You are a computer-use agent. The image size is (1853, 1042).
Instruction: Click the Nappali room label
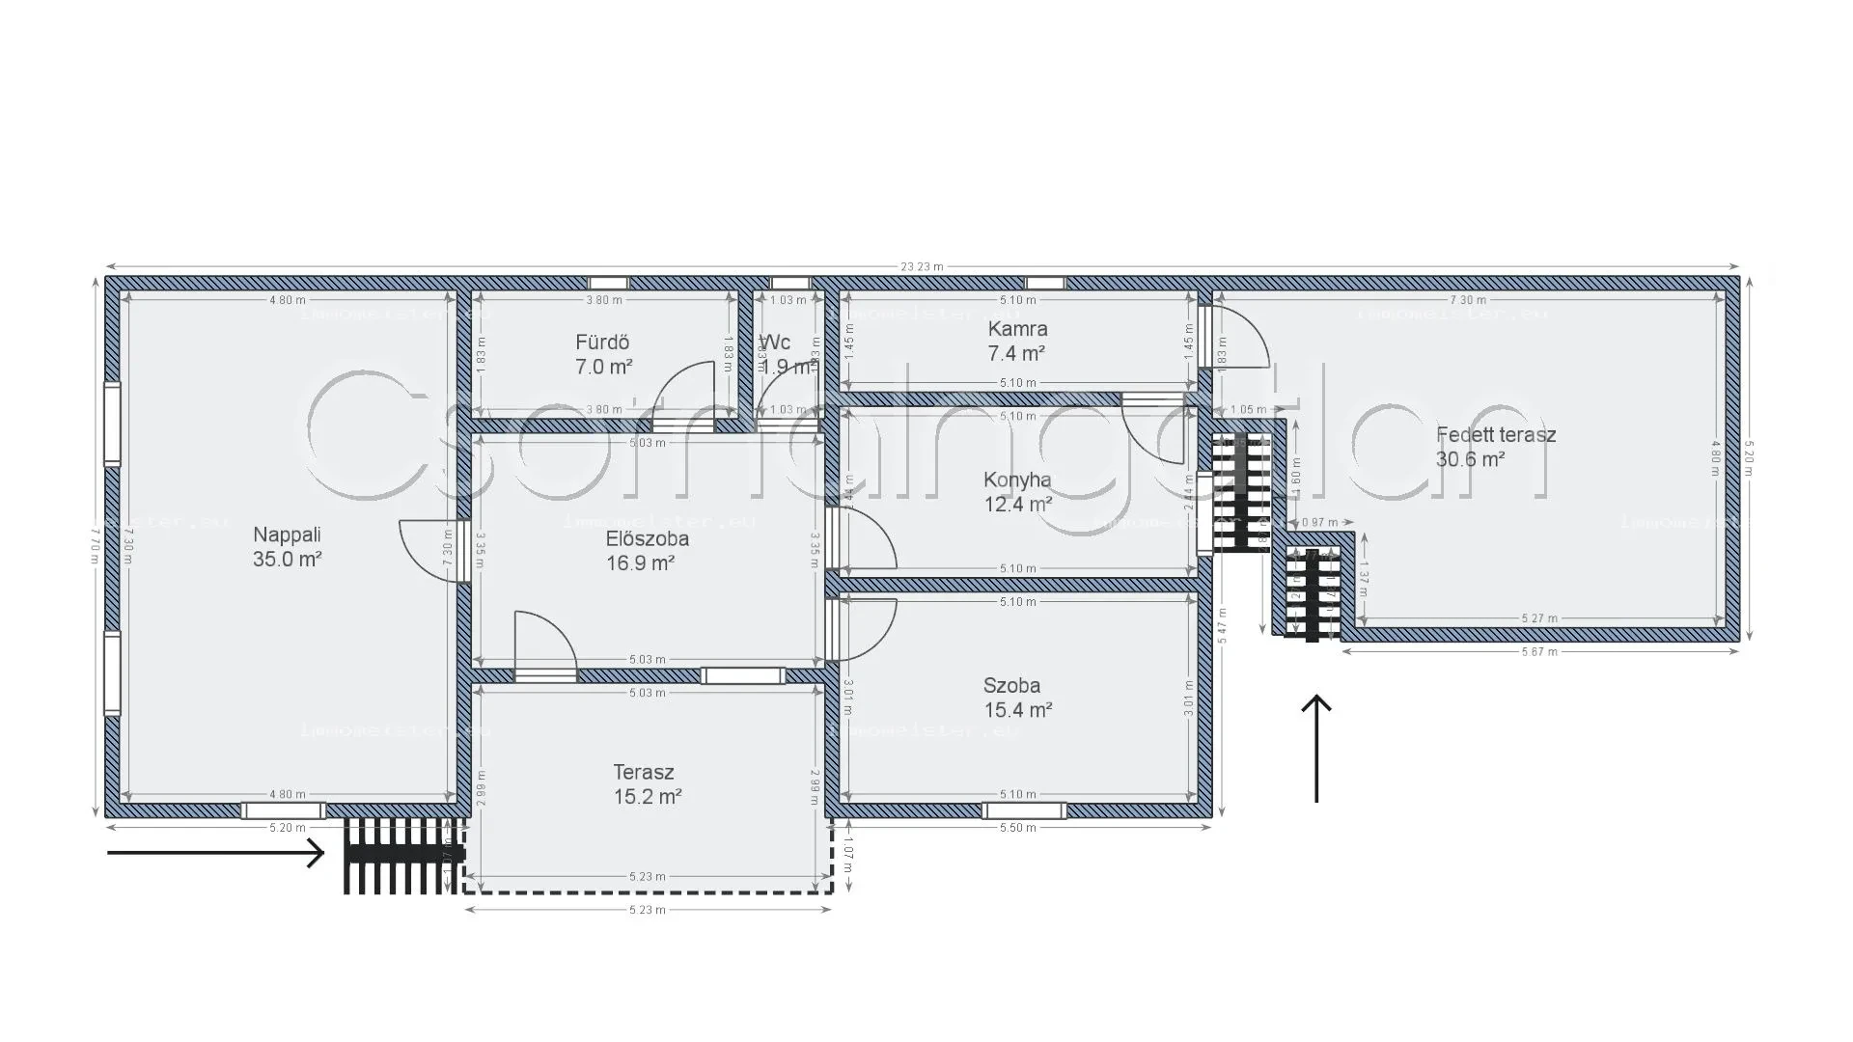pos(287,535)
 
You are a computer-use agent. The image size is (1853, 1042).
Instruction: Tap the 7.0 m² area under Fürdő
pos(603,367)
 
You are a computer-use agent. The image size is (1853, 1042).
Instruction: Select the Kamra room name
pos(1017,329)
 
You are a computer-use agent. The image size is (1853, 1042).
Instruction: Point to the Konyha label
pos(1017,480)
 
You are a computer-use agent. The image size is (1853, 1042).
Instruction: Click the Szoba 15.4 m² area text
pos(1017,710)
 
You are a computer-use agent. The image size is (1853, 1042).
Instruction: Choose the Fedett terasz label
pos(1495,435)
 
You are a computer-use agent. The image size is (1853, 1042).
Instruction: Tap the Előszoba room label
pos(647,538)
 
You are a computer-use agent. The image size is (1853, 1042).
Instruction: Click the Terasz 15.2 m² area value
pos(647,797)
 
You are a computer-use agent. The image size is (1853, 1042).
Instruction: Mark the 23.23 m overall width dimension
pos(922,267)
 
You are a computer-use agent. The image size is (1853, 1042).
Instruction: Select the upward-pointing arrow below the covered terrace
pos(1316,748)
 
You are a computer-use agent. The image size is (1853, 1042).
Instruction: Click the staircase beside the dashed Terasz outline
pos(403,856)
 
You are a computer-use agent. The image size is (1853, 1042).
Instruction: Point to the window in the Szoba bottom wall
pos(1024,810)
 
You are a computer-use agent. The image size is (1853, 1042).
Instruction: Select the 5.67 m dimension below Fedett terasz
pos(1539,652)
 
